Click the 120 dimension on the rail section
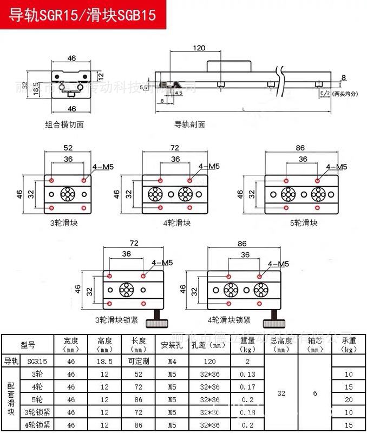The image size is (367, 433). tap(199, 48)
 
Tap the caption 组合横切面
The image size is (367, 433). tap(64, 124)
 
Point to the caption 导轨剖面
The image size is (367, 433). tap(189, 124)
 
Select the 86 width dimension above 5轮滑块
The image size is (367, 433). tap(299, 147)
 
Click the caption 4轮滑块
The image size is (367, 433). tap(176, 222)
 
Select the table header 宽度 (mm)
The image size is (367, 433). tap(71, 344)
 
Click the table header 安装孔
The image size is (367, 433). tap(172, 344)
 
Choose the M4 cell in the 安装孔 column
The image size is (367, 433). tap(172, 361)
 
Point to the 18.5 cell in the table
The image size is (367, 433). tap(104, 361)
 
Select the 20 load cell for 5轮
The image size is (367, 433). tap(349, 399)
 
